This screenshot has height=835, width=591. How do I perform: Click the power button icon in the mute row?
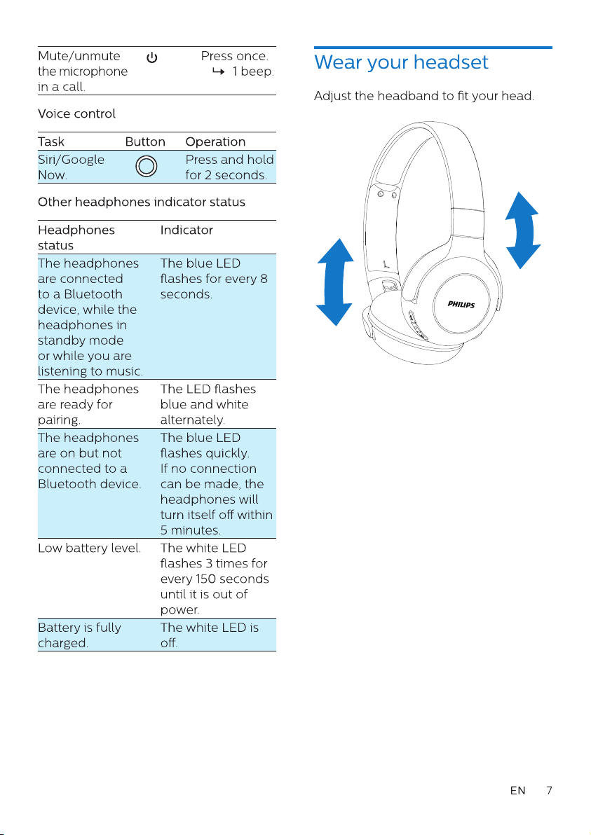tap(152, 57)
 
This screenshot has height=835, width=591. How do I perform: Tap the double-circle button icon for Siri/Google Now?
tap(147, 166)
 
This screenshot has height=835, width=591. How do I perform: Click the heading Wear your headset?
tap(401, 62)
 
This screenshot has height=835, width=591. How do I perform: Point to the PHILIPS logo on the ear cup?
tap(461, 304)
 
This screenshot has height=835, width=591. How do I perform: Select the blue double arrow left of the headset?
tap(334, 282)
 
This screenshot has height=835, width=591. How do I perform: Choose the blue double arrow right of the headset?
tap(523, 230)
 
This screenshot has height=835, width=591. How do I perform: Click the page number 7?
tap(550, 790)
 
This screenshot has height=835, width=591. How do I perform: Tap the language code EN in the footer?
tap(517, 790)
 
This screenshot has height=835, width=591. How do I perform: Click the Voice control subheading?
tap(76, 113)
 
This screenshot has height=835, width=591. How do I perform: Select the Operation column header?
tap(215, 142)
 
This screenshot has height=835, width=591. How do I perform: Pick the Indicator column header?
tap(186, 230)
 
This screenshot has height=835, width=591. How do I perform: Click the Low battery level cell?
tap(90, 548)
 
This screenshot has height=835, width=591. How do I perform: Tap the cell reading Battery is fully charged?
tap(79, 635)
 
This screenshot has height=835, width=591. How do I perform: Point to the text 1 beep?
tap(253, 71)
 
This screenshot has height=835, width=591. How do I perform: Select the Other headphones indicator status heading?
tap(142, 202)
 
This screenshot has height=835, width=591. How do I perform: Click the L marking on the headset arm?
tap(386, 263)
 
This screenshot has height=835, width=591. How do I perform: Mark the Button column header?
tap(145, 142)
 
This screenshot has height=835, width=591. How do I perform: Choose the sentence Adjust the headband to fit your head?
tap(423, 96)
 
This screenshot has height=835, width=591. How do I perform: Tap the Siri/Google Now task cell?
tap(71, 167)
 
